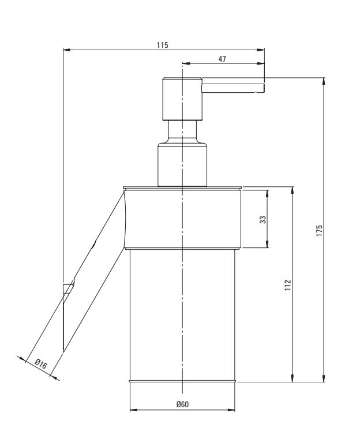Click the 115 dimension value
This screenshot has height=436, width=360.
point(163,45)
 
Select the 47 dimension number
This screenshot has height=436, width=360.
point(222,59)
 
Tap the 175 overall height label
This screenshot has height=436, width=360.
point(319,231)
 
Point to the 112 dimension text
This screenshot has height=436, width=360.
point(288,285)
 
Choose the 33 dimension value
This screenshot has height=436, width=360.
point(262,220)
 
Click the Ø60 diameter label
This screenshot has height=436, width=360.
point(182,404)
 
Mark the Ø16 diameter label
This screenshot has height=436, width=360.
point(41,364)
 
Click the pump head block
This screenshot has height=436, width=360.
point(182,99)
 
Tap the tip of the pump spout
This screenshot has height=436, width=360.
point(264,88)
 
